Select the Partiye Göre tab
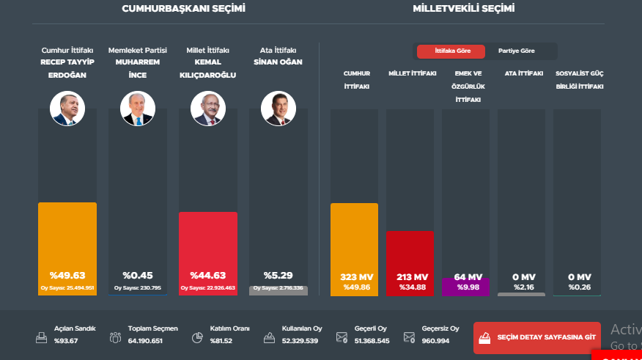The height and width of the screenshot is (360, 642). (x=516, y=51)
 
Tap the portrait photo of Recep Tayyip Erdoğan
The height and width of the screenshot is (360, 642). (x=67, y=109)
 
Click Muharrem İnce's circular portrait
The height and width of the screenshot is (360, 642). (x=138, y=109)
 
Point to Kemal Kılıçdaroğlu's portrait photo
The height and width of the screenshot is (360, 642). (x=208, y=109)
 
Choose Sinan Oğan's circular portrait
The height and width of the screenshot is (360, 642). (x=278, y=109)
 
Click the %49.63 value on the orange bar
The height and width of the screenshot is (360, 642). (x=67, y=275)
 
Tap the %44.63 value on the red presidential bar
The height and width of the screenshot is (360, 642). (x=208, y=275)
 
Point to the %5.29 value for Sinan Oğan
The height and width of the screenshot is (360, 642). (x=278, y=275)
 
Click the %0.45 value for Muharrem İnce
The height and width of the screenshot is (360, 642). (x=138, y=275)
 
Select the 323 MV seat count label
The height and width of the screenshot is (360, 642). (x=354, y=276)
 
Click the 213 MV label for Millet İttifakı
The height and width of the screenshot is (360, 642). (x=410, y=276)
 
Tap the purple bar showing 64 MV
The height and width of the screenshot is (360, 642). (x=465, y=286)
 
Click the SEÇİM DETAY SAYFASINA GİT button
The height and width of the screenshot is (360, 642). (x=536, y=338)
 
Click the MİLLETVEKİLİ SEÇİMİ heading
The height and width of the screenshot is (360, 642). (x=463, y=9)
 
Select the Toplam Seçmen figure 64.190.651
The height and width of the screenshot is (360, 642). (x=145, y=341)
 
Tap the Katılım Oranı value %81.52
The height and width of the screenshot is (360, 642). (x=220, y=341)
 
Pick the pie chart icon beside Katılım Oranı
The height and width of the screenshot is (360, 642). (x=197, y=338)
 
